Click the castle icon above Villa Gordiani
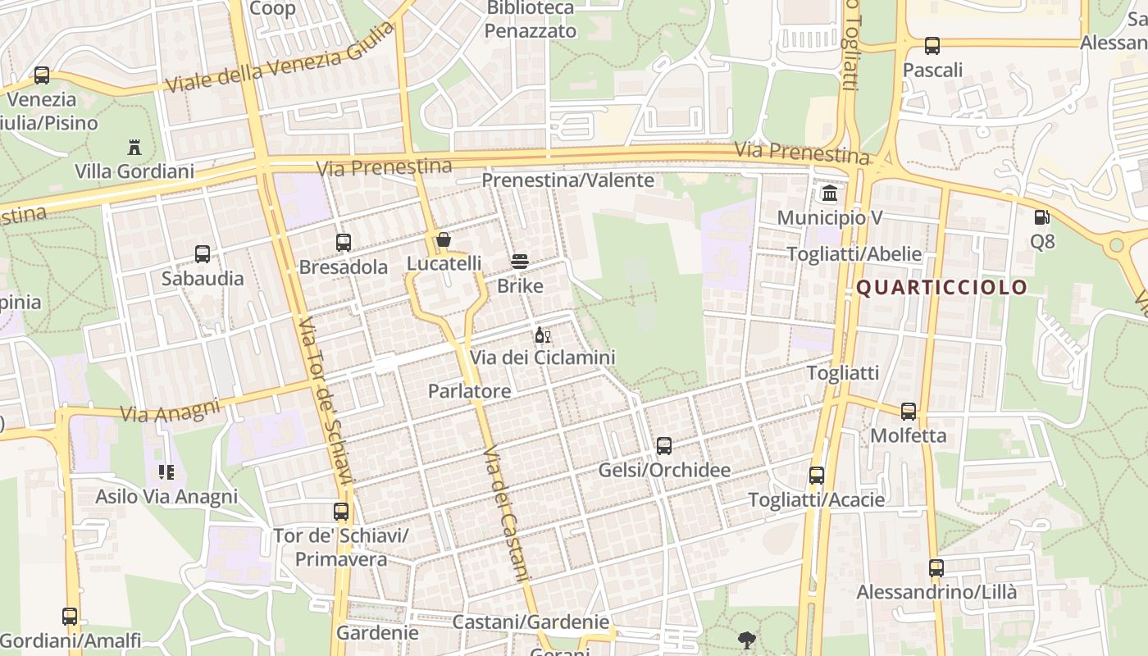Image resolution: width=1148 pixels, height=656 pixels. pos(134,148)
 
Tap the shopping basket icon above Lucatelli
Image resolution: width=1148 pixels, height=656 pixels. pos(444,240)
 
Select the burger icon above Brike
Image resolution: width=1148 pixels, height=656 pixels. pos(519,262)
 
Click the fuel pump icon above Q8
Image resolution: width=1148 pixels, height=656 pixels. pos(1041,217)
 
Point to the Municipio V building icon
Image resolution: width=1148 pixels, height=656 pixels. pos(830,194)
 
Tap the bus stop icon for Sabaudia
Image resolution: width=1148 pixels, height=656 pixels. pos(203,254)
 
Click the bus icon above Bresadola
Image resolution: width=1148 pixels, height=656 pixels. pos(344,243)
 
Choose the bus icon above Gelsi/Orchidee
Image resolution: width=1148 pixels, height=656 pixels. pos(664,446)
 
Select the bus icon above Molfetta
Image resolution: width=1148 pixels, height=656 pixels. pos(909,412)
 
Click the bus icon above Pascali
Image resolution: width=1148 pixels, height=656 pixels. pos(932,46)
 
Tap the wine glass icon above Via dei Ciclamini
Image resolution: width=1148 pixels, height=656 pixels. pos(542,335)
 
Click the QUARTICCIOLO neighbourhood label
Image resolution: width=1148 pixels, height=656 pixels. pos(941,287)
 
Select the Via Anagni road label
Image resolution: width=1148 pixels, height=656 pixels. pos(171,409)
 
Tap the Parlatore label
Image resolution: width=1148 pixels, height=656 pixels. pos(469,391)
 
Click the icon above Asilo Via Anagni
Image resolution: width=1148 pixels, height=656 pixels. pos(166,472)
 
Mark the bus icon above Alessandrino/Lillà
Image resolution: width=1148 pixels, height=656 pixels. pos(936,567)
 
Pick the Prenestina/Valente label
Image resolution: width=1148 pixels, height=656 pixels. pos(567,180)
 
